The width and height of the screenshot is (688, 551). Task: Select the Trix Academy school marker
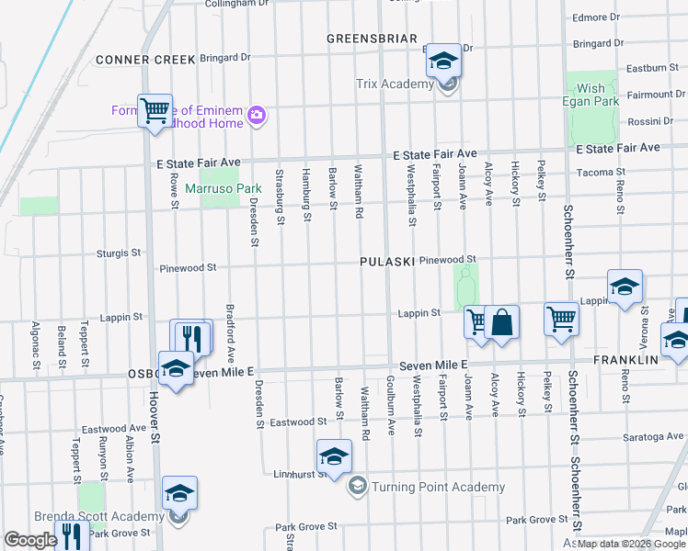click(x=443, y=62)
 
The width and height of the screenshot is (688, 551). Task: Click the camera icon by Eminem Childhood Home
click(x=257, y=116)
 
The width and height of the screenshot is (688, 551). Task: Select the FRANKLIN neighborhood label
click(x=626, y=360)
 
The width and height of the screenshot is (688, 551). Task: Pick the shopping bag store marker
click(x=501, y=322)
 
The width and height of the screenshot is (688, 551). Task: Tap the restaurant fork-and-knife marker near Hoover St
click(x=191, y=337)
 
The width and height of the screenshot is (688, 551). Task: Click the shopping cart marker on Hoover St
click(x=155, y=112)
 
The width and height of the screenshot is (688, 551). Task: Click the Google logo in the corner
click(x=30, y=540)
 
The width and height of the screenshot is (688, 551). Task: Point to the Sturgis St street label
click(x=119, y=252)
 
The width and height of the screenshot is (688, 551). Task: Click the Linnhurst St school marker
click(x=334, y=456)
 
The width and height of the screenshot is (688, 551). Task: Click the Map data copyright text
click(x=632, y=544)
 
